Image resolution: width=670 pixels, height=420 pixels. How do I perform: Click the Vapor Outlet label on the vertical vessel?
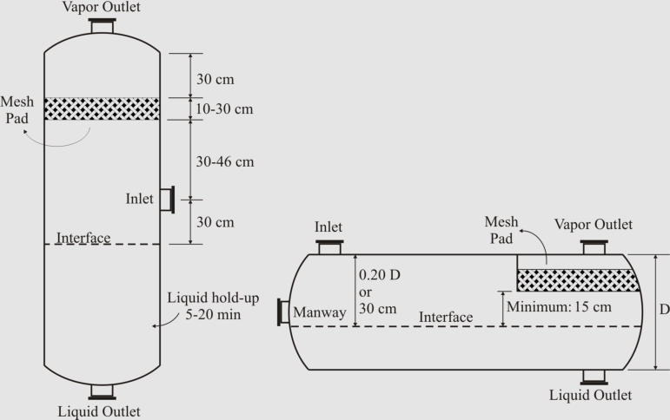102,8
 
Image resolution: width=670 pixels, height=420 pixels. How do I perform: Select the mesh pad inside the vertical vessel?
102,108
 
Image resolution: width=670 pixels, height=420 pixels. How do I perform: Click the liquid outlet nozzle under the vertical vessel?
103,392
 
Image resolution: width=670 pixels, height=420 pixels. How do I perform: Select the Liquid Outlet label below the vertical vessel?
98,411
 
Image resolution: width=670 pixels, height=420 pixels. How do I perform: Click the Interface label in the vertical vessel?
83,237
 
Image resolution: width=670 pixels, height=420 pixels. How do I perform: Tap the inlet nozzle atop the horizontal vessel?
328,247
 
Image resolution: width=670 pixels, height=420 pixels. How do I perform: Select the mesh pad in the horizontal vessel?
579,279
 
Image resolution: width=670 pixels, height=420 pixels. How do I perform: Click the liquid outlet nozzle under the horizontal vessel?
593,376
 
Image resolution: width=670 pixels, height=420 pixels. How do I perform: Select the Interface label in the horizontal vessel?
446,317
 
